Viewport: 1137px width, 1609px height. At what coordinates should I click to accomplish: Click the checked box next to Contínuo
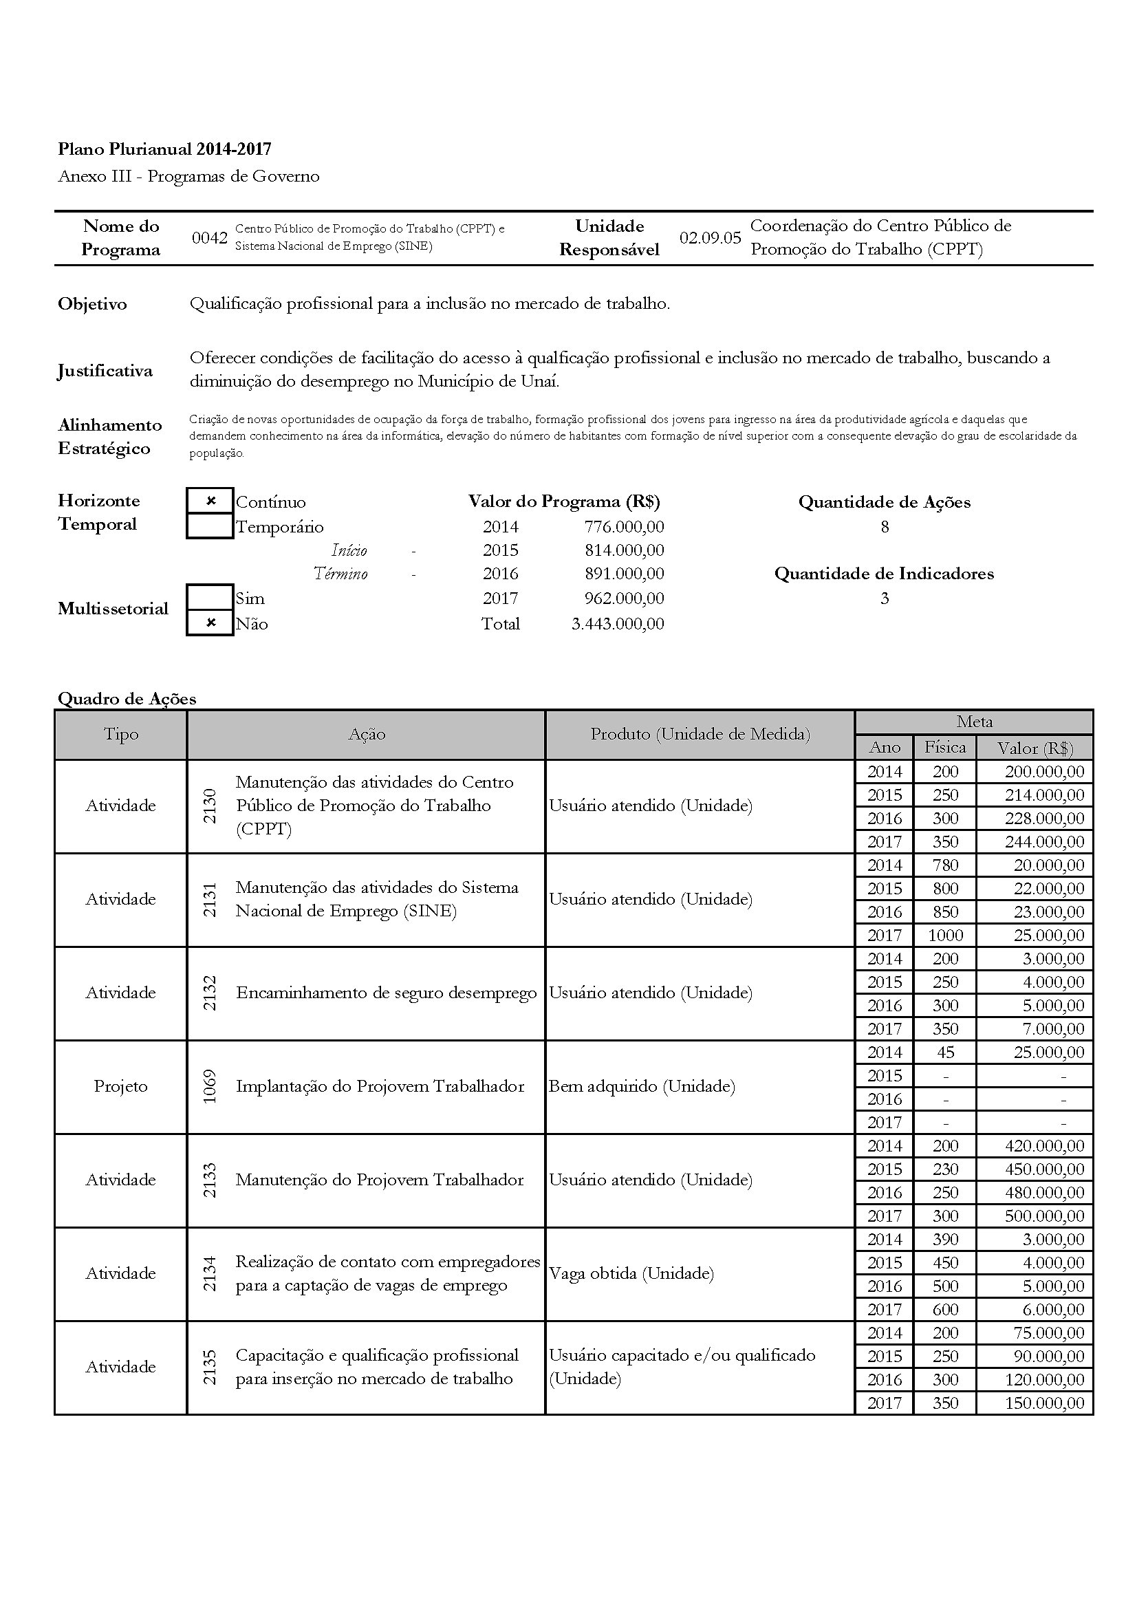coord(210,501)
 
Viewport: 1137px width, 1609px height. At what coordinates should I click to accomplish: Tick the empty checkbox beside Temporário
coord(210,526)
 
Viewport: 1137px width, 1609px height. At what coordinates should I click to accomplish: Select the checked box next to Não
coord(210,623)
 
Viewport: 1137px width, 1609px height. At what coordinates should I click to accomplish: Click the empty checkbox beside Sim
coord(210,598)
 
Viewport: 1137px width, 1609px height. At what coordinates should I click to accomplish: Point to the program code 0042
coord(210,238)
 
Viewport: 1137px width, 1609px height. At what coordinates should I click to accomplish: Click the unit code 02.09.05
coord(710,238)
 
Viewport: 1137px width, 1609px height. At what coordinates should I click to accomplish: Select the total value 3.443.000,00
coord(617,624)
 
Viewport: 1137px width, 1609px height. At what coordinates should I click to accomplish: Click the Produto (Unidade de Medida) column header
coord(700,735)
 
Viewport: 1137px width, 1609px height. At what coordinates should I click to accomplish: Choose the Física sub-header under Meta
coord(944,748)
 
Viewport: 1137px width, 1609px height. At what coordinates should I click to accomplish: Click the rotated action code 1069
coord(210,1086)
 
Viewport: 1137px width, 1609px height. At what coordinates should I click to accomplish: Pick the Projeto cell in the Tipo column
coord(120,1086)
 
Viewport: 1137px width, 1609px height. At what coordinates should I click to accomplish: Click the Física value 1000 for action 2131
coord(945,936)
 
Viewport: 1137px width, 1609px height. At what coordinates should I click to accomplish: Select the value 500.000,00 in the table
coord(1044,1216)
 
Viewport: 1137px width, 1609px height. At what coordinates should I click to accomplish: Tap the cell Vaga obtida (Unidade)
coord(631,1273)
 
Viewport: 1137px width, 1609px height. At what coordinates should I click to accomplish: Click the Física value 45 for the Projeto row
coord(945,1052)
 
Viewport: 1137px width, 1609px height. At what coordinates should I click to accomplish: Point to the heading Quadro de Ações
coord(127,699)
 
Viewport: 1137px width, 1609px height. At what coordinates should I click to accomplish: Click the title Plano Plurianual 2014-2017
coord(164,149)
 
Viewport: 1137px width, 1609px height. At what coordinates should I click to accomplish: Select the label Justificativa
coord(105,371)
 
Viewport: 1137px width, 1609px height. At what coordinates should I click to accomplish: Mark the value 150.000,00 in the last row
coord(1044,1403)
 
